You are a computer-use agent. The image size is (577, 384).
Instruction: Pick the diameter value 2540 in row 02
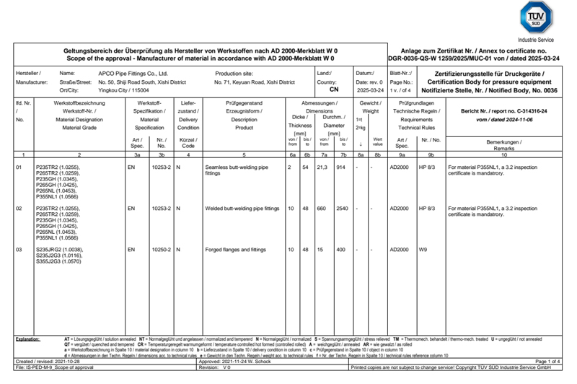pos(341,208)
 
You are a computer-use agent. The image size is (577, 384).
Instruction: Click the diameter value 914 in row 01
pos(341,167)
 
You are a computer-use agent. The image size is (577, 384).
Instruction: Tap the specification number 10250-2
pos(162,249)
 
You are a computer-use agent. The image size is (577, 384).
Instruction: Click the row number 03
pos(19,249)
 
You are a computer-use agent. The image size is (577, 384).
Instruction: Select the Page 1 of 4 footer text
pos(550,360)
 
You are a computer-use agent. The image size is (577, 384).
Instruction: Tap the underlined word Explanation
pos(30,338)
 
